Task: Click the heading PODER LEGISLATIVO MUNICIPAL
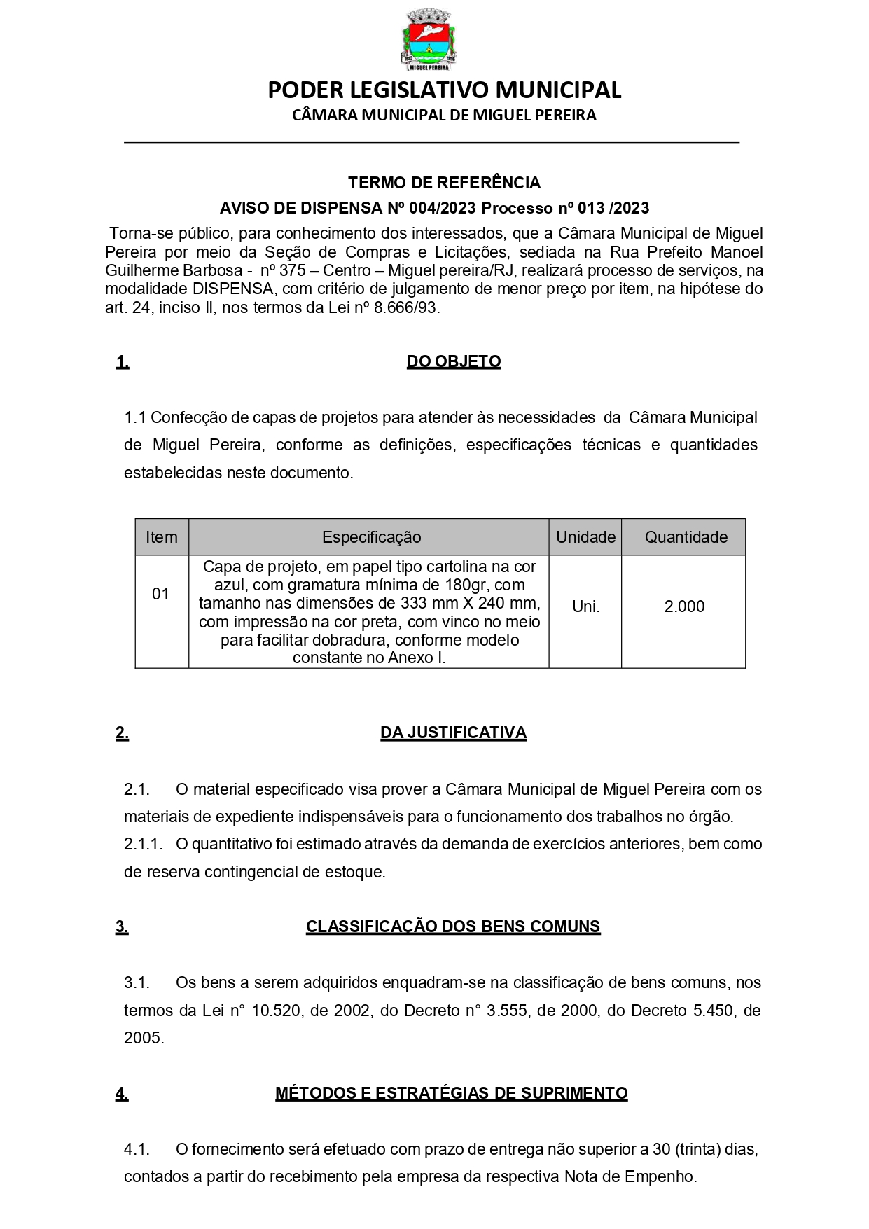[444, 90]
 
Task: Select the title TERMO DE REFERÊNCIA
[444, 183]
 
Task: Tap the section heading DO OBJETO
[454, 362]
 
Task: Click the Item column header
[162, 537]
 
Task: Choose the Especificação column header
[371, 537]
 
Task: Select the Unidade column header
[585, 537]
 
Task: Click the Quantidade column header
[686, 537]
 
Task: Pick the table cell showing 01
[161, 594]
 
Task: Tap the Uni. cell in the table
[586, 606]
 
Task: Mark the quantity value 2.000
[684, 606]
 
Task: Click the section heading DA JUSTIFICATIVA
[453, 733]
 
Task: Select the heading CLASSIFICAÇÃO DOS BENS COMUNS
[453, 926]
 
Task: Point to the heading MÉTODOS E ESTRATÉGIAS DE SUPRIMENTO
[451, 1093]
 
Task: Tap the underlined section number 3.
[122, 926]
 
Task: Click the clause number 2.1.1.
[143, 845]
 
